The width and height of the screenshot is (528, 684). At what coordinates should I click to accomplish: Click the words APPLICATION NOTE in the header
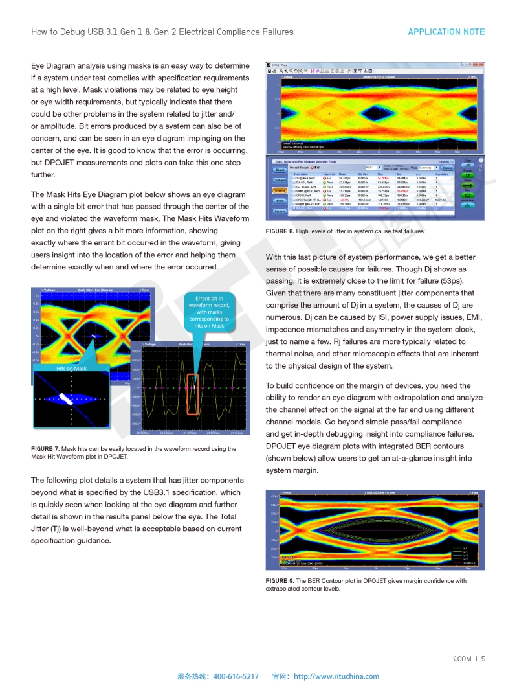[446, 32]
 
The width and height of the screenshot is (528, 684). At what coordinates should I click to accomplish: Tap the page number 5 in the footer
[483, 659]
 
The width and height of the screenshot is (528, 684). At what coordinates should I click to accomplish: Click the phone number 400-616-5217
[236, 676]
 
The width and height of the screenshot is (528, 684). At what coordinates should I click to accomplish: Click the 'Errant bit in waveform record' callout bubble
[209, 312]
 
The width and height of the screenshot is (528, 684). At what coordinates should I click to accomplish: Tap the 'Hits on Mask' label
[71, 369]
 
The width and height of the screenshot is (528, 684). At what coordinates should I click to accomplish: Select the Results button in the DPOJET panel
[280, 190]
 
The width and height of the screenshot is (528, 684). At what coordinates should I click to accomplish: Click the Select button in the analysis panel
[280, 170]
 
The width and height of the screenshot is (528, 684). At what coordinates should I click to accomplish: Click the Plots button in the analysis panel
[280, 201]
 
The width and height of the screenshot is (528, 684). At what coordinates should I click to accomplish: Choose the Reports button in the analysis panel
[280, 211]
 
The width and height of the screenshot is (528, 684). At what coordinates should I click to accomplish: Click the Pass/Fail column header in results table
[329, 174]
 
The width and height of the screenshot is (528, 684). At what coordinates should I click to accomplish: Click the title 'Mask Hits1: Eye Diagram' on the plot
[95, 290]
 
